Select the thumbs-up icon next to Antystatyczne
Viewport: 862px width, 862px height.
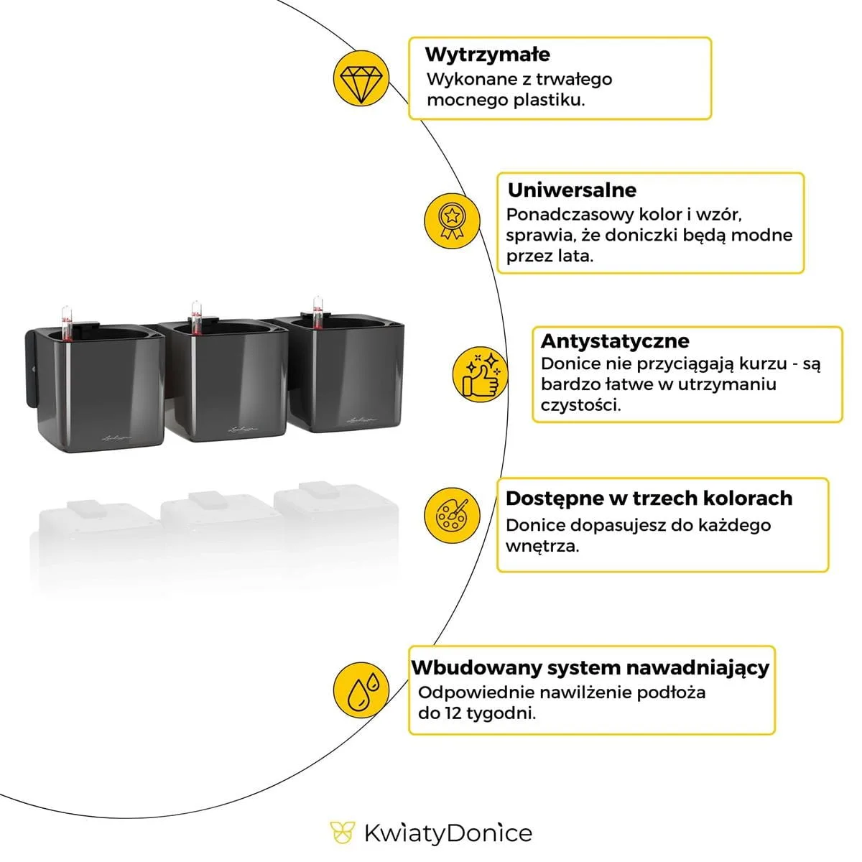point(481,374)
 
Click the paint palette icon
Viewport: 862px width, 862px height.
point(451,514)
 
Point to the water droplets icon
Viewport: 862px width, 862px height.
point(361,690)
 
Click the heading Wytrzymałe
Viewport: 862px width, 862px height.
point(487,55)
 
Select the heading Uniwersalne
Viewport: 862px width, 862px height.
point(572,190)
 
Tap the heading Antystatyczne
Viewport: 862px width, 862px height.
point(614,340)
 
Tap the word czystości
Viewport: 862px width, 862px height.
point(580,405)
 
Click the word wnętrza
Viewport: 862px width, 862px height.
point(542,546)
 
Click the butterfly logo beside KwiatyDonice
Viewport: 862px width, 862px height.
point(343,833)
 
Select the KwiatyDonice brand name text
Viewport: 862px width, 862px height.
point(448,834)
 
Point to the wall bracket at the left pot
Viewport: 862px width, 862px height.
point(32,370)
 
